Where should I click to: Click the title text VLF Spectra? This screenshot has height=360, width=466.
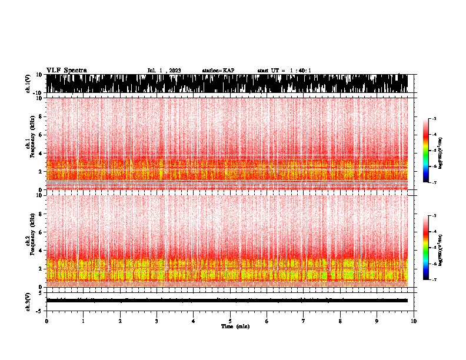(66, 70)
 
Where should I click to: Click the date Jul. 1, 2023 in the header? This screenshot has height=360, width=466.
(164, 71)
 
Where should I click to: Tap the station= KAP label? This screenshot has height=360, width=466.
(218, 71)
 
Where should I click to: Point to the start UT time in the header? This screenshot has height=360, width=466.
(284, 71)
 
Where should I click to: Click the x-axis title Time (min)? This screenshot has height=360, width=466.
(235, 326)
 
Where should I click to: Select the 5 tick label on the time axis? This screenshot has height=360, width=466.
(230, 321)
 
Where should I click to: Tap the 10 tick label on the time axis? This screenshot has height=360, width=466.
(414, 321)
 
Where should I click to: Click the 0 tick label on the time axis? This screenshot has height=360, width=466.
(46, 321)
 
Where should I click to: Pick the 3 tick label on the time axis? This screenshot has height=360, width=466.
(157, 321)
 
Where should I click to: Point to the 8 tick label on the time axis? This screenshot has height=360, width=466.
(340, 321)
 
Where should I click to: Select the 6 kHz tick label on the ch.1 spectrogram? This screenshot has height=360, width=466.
(40, 135)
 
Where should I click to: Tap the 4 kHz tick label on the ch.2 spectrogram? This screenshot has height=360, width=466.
(40, 250)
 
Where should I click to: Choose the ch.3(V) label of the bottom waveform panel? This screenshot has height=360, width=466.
(28, 300)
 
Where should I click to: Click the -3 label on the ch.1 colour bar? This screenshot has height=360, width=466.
(434, 119)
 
